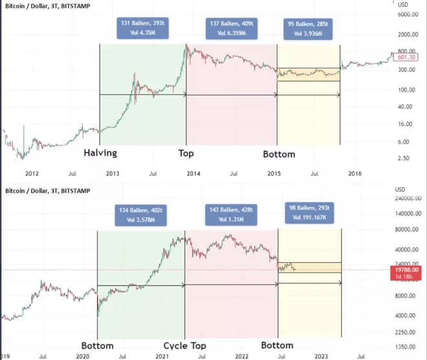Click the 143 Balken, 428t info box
(231, 214)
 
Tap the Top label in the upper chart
(186, 154)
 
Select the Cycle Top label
(184, 345)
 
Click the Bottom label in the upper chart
(279, 155)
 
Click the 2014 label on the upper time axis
(193, 173)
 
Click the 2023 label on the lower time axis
(321, 355)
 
